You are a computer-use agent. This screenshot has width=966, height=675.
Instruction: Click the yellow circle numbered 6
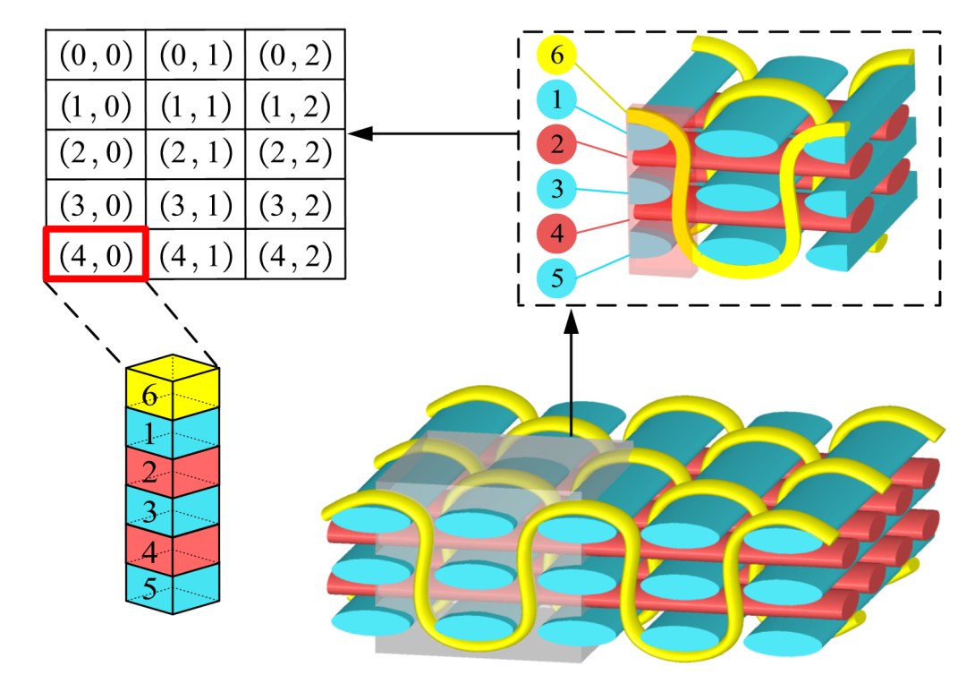556,55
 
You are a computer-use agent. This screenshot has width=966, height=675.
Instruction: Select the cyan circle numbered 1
556,99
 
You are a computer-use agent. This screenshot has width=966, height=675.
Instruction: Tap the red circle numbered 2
556,144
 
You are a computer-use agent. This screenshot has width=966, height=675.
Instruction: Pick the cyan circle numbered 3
556,189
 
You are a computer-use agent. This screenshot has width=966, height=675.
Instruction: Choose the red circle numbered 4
556,234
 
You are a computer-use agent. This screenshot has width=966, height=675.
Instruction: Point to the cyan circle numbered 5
556,278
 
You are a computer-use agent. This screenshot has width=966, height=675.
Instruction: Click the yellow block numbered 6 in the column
173,389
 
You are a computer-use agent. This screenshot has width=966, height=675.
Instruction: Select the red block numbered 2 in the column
173,472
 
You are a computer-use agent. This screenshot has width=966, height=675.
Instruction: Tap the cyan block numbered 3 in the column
173,510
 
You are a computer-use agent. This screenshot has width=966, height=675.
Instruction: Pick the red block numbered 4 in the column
173,550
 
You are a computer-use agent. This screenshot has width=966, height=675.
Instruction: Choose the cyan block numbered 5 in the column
173,589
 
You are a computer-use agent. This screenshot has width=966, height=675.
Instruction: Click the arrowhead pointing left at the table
360,133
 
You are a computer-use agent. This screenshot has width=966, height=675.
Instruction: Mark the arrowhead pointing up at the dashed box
572,322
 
